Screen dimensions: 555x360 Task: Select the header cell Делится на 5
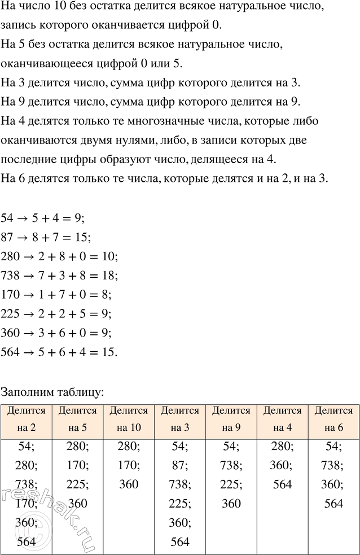[x=77, y=419]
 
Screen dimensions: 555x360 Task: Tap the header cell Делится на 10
[x=129, y=419]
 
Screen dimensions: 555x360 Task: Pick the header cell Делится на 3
[x=180, y=419]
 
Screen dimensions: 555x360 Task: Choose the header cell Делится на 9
[x=231, y=419]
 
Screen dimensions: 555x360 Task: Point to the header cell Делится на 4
[x=282, y=419]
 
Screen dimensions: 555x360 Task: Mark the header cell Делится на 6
[x=333, y=419]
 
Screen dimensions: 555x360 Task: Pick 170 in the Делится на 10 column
[x=129, y=466]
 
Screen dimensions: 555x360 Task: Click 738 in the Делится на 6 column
[x=333, y=466]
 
